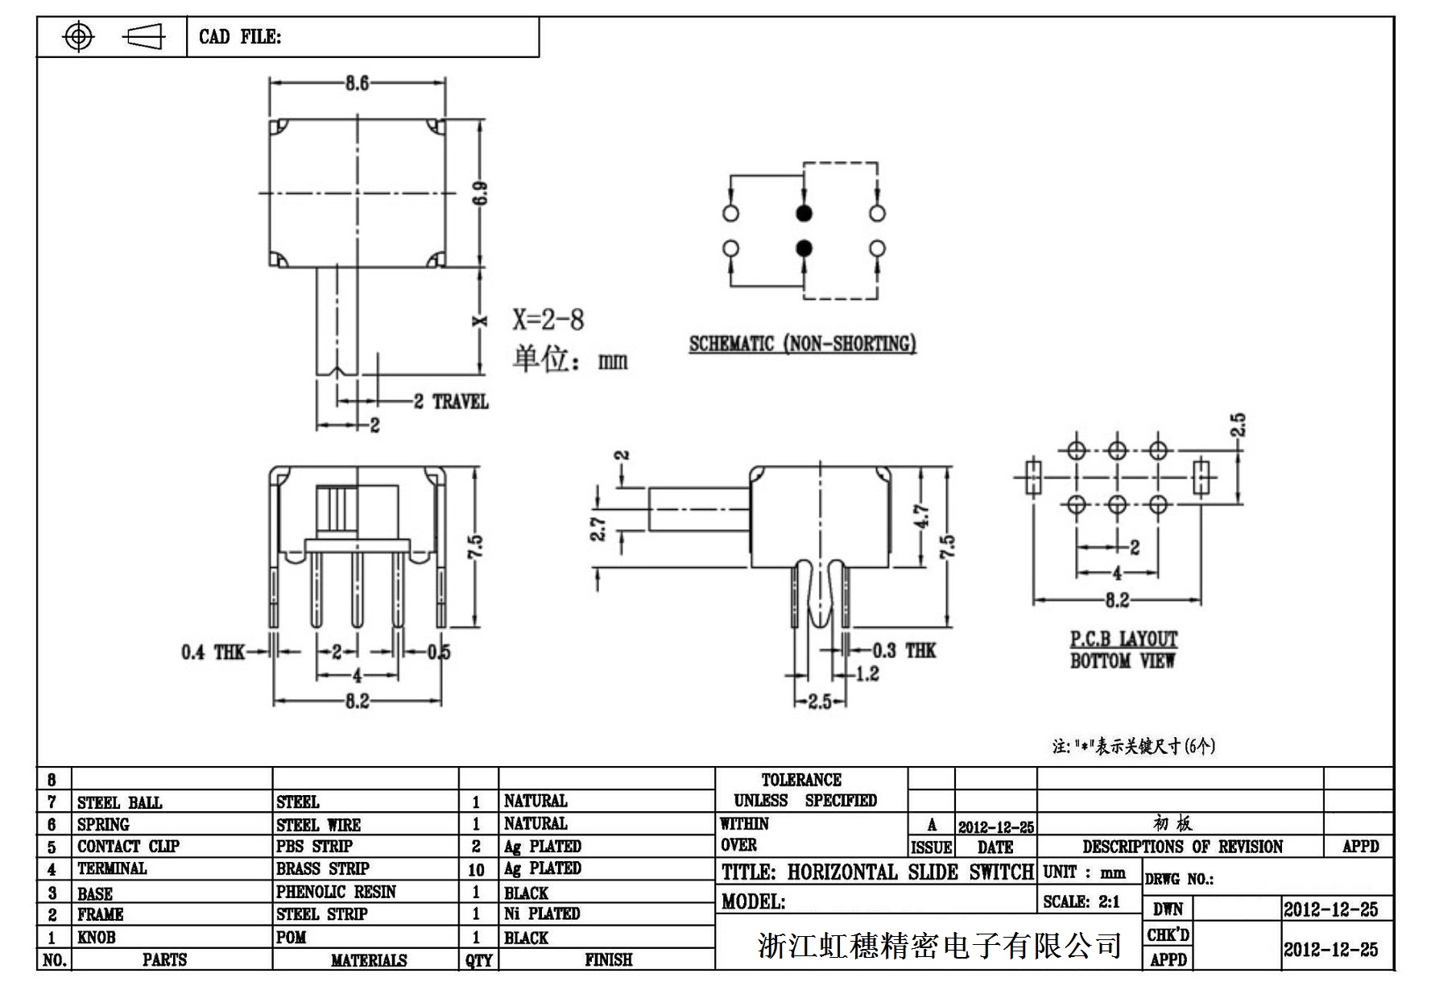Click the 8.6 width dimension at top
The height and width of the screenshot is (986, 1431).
(x=357, y=83)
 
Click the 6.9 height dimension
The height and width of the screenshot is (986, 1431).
(x=481, y=193)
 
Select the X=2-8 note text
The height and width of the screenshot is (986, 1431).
(x=548, y=320)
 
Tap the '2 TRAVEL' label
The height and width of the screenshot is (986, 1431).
(x=451, y=401)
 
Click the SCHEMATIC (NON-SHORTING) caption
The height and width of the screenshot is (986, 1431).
(x=802, y=344)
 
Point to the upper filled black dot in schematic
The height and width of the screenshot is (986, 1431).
(x=804, y=213)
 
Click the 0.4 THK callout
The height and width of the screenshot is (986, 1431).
(x=213, y=652)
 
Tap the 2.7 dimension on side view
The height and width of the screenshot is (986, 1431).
(x=598, y=528)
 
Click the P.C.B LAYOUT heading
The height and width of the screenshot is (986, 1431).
(x=1123, y=640)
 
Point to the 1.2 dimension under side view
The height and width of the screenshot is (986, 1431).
(x=867, y=673)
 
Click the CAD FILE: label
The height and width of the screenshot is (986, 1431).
(x=240, y=37)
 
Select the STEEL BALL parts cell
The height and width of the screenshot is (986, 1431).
(x=120, y=802)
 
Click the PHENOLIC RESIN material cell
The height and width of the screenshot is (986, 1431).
(x=336, y=892)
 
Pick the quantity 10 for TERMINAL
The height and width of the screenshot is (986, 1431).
(x=476, y=870)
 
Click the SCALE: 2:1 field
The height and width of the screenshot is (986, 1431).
(x=1081, y=901)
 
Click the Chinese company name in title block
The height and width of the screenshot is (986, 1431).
(x=939, y=945)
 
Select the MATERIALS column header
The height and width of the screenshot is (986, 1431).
(x=369, y=960)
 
